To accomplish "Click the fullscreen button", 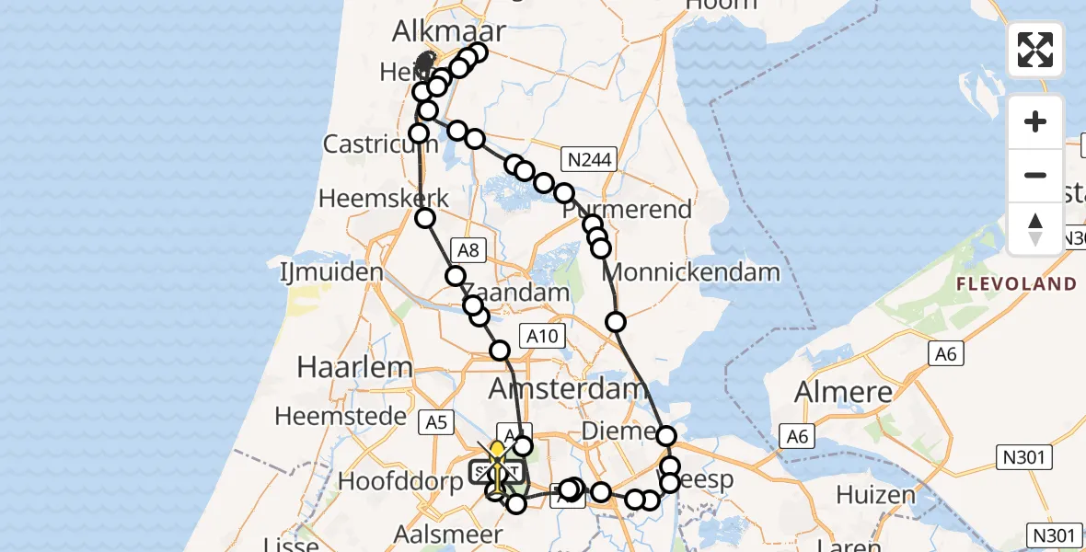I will pyautogui.click(x=1035, y=50).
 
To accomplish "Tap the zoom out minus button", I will pyautogui.click(x=1035, y=175).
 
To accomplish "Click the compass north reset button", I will pyautogui.click(x=1035, y=228).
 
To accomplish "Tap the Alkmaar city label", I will pyautogui.click(x=449, y=31).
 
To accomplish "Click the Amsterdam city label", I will pyautogui.click(x=568, y=389).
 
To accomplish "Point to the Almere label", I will pyautogui.click(x=843, y=392).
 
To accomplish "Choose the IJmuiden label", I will pyautogui.click(x=331, y=272).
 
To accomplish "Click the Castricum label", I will pyautogui.click(x=366, y=144).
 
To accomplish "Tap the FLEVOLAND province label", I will pyautogui.click(x=1016, y=284).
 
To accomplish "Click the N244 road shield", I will pyautogui.click(x=589, y=161).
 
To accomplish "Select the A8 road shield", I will pyautogui.click(x=466, y=248).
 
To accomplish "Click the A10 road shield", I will pyautogui.click(x=540, y=337).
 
